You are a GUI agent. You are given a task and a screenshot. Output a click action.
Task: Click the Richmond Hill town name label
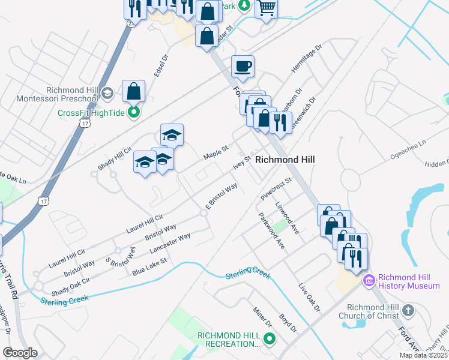285,160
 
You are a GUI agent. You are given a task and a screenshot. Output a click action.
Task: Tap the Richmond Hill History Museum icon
369,280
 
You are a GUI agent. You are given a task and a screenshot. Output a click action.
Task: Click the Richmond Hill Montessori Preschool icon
107,92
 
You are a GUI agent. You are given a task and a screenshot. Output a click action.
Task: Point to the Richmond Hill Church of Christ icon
408,310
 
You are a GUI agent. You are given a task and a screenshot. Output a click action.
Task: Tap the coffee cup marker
243,67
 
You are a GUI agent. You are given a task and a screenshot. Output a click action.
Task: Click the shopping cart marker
267,8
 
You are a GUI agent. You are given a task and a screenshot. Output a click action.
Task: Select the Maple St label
215,151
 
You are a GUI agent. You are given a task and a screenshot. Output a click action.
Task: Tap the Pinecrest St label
276,188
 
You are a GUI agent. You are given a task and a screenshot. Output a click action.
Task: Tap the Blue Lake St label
149,267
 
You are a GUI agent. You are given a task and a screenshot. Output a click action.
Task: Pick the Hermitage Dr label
303,62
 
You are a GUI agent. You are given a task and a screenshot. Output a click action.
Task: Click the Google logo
20,353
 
